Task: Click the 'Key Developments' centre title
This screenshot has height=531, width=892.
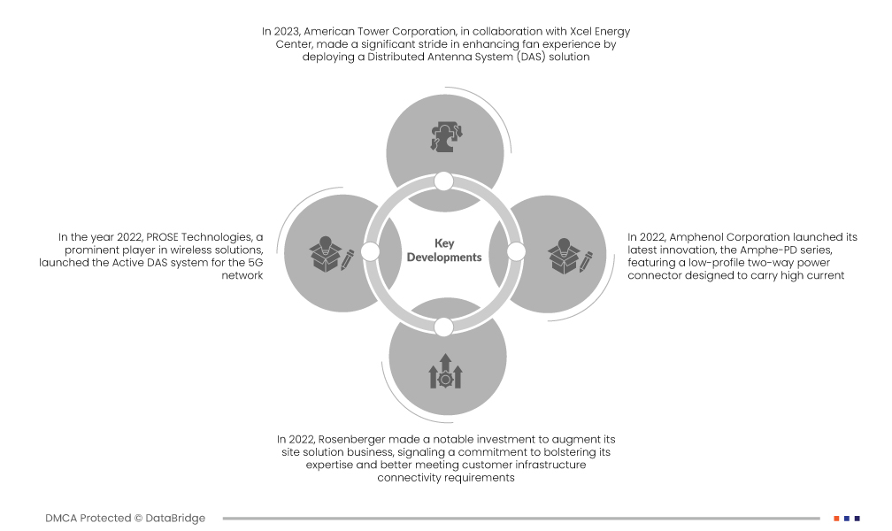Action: (444, 250)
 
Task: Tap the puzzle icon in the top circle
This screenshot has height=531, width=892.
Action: (446, 136)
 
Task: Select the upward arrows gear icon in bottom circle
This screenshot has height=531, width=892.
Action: (445, 371)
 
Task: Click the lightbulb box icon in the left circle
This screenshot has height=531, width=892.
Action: (332, 254)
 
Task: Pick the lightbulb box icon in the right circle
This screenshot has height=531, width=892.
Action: (570, 256)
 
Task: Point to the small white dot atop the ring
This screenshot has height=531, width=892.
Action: (443, 181)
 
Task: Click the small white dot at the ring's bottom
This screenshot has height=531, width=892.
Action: (443, 327)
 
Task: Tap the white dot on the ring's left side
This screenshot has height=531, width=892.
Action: (370, 251)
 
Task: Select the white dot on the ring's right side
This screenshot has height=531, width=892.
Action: (516, 251)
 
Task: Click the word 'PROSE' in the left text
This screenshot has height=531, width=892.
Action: (162, 237)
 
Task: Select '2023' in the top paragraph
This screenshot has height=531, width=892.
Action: (285, 32)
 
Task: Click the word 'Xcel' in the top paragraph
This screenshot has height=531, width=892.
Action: (581, 31)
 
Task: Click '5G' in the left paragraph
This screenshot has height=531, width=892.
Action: (256, 263)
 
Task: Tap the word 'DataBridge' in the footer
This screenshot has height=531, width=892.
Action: (175, 519)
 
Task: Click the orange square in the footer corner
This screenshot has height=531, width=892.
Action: (837, 519)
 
